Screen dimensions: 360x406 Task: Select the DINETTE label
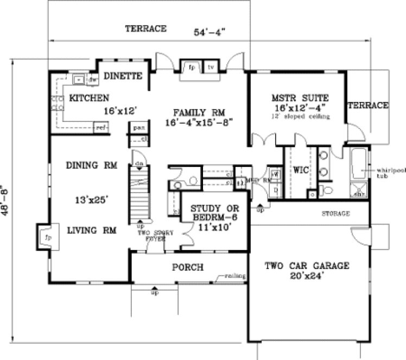coord(123,75)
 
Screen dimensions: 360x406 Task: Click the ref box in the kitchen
coord(100,128)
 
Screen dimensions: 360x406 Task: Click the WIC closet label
coord(301,170)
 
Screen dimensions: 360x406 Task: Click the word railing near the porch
coord(237,277)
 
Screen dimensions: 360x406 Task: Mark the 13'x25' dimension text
coord(91,200)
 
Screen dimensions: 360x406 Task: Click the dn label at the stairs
coord(138,162)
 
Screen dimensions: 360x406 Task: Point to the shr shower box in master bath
coord(358,192)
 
